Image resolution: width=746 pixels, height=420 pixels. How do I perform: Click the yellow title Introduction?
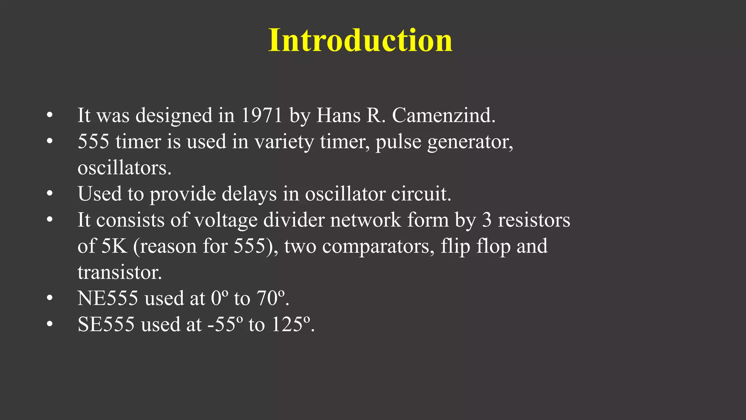tap(360, 40)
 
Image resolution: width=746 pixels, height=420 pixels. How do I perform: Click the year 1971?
tap(262, 115)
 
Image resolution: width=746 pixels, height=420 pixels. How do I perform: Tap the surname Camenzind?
tap(443, 115)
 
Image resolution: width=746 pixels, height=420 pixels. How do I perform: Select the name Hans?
tap(338, 115)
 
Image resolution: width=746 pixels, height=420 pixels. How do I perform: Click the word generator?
tap(470, 142)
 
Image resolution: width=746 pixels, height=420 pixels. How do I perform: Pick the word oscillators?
tap(124, 168)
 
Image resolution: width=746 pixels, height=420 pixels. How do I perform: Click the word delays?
tap(249, 194)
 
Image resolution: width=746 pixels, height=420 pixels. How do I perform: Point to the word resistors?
tap(534, 220)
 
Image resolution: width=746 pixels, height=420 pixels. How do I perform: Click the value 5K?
tap(114, 246)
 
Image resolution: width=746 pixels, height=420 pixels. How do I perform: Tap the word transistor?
tap(119, 272)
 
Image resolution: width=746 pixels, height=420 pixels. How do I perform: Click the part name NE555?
tap(108, 298)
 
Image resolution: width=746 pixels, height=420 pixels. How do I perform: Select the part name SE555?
tap(106, 324)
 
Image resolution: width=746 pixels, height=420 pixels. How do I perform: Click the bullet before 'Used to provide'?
tap(50, 194)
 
